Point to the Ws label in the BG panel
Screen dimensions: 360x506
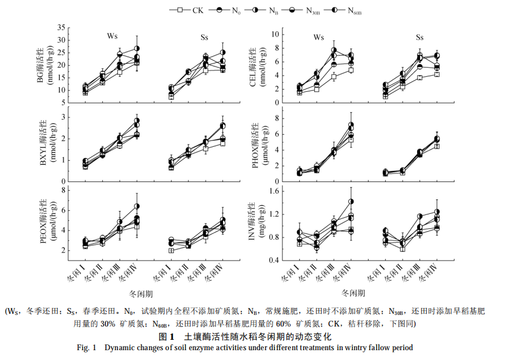click(113, 36)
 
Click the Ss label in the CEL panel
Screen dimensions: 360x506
click(419, 38)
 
